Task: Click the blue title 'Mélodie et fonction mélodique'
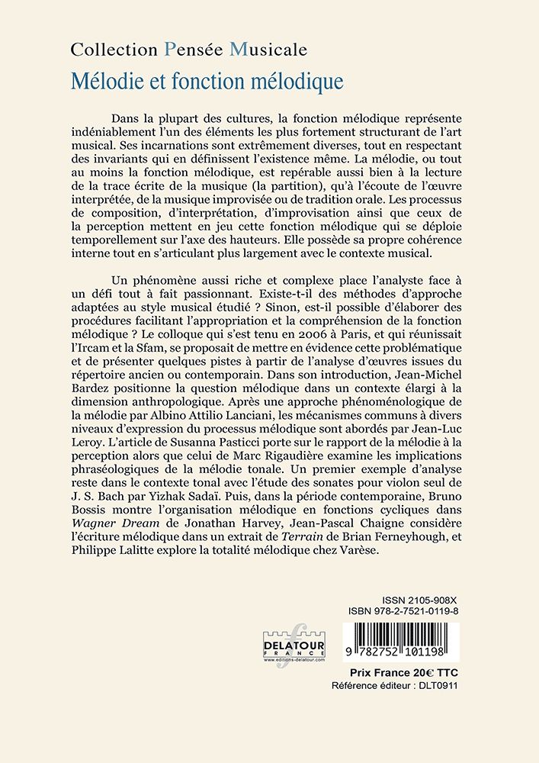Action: click(207, 79)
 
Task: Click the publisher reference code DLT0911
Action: click(435, 686)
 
